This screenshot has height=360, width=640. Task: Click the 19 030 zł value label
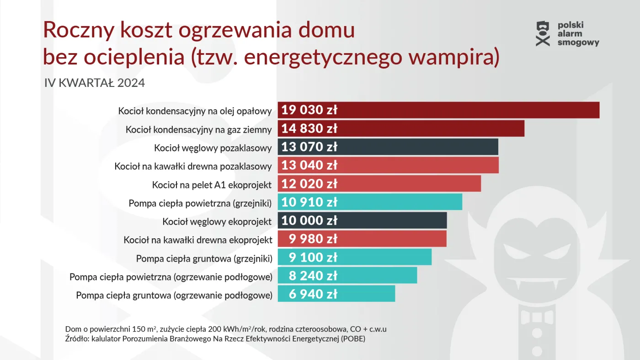[x=309, y=110]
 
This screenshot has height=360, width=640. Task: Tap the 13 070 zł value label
[x=309, y=147]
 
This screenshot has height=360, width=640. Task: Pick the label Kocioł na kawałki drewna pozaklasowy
[x=193, y=166]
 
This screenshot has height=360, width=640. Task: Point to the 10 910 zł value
[x=309, y=202]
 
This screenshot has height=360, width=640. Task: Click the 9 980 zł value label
[x=313, y=239]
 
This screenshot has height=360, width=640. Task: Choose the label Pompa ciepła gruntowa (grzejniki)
[x=204, y=258]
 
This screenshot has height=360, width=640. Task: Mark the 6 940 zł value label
[x=313, y=294]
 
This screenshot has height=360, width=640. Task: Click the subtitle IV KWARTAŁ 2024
[x=95, y=83]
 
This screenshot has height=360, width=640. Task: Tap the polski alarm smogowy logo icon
[x=543, y=34]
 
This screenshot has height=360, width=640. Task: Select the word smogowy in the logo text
[x=578, y=43]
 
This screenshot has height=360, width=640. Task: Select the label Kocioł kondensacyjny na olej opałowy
[x=195, y=111]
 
